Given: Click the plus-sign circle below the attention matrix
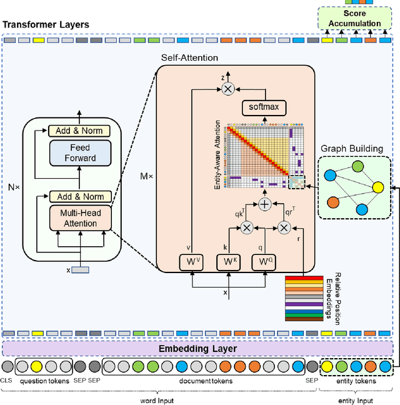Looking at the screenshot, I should click(x=265, y=204).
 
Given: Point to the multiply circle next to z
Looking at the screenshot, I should click(x=228, y=90).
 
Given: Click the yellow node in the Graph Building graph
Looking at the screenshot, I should click(x=377, y=187).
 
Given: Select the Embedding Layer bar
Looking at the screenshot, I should click(x=197, y=348).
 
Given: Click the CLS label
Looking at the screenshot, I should click(x=7, y=381).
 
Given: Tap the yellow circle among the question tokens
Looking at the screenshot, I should click(x=37, y=366).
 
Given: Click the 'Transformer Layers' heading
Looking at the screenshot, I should click(x=46, y=25).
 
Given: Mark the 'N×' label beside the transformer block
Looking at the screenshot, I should click(x=13, y=187).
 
